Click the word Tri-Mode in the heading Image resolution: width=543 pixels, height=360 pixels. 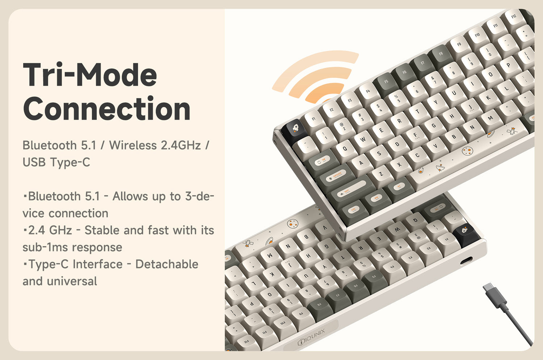tap(90, 75)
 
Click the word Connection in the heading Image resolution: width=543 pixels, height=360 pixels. tap(107, 108)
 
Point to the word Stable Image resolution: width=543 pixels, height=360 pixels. tap(102, 230)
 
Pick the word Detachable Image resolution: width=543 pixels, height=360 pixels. tap(167, 264)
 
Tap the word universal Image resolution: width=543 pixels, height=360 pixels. tap(72, 281)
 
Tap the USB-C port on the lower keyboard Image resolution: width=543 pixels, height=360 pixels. tap(466, 260)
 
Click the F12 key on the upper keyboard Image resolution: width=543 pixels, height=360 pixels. tap(513, 17)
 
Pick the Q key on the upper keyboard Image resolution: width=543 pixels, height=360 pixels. tap(345, 148)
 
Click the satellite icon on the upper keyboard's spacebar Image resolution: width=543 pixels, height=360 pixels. tap(512, 131)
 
